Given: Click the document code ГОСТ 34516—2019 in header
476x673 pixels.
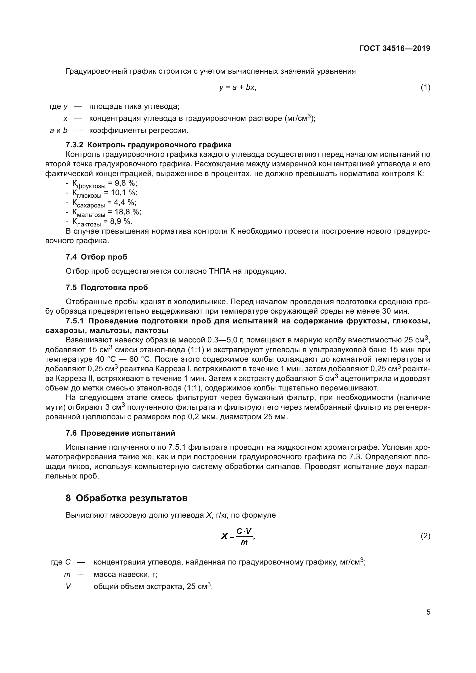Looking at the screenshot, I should tap(395, 48).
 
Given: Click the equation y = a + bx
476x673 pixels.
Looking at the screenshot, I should tap(238, 87).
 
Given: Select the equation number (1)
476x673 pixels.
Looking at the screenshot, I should tap(425, 87).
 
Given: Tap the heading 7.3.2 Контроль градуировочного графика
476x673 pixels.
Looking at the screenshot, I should tap(148, 145).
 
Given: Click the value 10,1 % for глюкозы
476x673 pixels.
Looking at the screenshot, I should tap(124, 193).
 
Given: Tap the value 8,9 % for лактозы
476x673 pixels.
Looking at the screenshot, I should tap(121, 221).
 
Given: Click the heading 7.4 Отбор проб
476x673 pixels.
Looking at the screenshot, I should tap(96, 257).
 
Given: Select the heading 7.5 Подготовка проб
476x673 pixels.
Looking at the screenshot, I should tap(107, 287).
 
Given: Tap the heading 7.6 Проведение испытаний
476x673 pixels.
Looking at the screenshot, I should tap(121, 433).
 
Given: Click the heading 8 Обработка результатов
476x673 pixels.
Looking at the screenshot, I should tap(127, 498).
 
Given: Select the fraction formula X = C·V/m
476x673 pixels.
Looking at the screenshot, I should tap(238, 536).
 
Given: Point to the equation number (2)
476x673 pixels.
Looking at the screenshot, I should tap(425, 536).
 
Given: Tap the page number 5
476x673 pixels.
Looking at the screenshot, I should tap(428, 612).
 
